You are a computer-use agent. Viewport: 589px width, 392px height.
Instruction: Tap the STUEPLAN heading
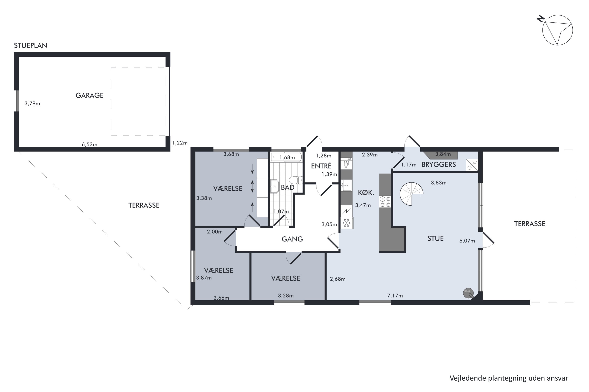pos(31,45)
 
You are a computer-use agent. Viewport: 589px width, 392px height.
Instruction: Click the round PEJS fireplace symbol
pos(468,293)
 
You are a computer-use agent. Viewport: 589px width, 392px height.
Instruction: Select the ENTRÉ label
pos(321,166)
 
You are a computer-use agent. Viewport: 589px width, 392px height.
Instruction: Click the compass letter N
pos(541,19)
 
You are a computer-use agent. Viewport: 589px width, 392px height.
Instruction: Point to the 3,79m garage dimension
pos(32,103)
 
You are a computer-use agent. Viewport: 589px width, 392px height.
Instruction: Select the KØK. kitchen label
pos(366,192)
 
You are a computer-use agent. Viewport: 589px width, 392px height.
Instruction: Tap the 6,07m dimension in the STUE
pos(467,241)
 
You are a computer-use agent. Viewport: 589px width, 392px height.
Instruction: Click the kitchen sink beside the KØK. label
pos(347,185)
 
